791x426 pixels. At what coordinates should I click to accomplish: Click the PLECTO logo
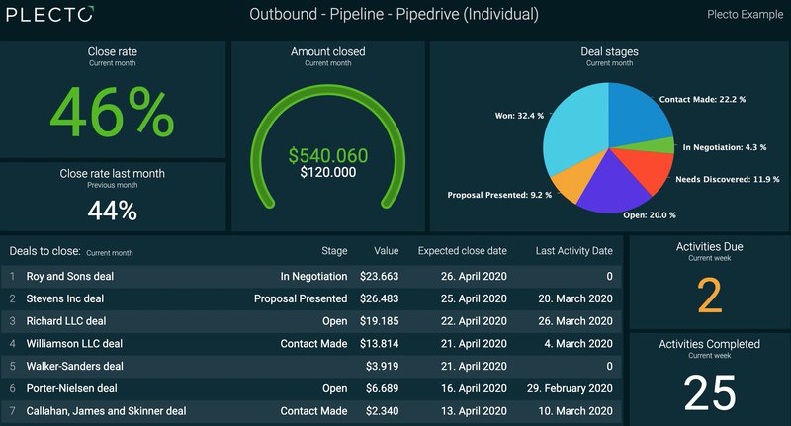(48, 15)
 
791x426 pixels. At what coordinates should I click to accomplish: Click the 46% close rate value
(112, 114)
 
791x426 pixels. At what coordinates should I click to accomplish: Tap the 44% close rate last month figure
(112, 211)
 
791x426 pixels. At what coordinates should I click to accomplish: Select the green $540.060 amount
(327, 155)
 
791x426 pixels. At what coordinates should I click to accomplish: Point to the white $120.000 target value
(327, 172)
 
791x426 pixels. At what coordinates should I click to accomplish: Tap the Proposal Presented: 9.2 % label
(499, 196)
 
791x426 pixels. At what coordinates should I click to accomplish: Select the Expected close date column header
(462, 251)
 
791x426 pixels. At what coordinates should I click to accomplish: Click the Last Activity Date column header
(573, 251)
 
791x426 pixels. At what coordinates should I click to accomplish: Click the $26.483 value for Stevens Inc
(379, 298)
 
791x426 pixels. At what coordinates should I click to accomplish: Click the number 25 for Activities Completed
(709, 392)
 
